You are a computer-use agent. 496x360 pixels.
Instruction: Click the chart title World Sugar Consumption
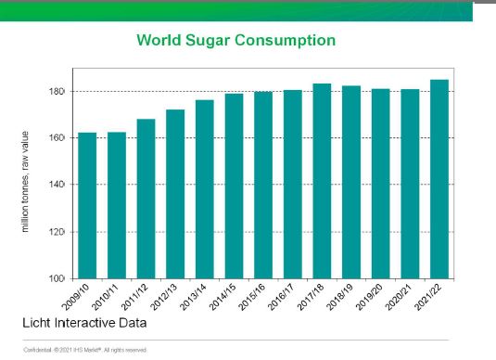tap(236, 41)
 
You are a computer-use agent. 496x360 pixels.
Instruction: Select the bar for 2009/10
tap(87, 206)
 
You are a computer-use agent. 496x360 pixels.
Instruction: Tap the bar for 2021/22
tap(439, 179)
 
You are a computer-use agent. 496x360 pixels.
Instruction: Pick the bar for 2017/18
tap(322, 182)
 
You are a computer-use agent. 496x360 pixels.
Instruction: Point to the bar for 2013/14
tap(205, 189)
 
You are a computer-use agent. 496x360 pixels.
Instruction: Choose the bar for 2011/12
tap(146, 199)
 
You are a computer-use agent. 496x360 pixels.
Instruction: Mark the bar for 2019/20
tap(380, 184)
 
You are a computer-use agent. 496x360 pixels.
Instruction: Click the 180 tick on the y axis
tap(57, 92)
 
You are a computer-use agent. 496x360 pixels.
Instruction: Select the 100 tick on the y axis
tap(57, 278)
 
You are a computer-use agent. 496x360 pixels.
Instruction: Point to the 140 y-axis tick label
tap(57, 185)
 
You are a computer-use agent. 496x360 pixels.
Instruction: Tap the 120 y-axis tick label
tap(57, 232)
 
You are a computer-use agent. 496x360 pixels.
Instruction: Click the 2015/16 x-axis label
tap(252, 297)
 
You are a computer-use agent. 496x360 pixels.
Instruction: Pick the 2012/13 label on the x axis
tap(164, 297)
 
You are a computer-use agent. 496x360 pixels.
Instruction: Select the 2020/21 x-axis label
tap(399, 297)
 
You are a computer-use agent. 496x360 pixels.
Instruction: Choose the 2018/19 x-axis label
tap(339, 297)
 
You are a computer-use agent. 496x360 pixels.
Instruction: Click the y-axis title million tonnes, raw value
tap(25, 182)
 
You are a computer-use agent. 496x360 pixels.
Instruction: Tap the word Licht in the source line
tap(37, 323)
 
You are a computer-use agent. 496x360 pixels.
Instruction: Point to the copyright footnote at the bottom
tap(85, 350)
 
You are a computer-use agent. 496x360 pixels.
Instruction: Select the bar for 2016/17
tap(293, 185)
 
